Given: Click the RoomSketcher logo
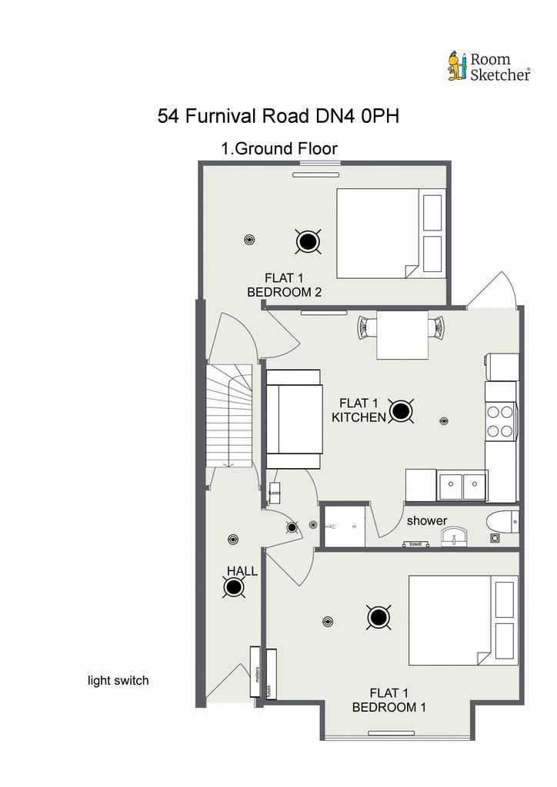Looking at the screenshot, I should click(489, 66).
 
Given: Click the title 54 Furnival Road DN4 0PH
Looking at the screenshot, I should click(278, 117).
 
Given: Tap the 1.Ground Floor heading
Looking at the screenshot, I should click(279, 148).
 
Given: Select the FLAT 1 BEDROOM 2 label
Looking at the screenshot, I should click(284, 285).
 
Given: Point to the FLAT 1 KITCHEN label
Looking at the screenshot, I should click(359, 410).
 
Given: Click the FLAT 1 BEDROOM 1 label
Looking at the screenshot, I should click(389, 699).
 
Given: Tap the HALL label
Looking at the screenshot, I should click(242, 571).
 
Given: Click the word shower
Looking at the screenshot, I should click(426, 520).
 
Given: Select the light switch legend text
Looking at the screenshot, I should click(118, 680).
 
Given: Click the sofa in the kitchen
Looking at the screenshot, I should click(293, 419).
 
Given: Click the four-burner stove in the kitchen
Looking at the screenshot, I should click(500, 420).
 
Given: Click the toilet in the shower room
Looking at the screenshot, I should click(504, 523).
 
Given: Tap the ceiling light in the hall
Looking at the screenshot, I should click(234, 589).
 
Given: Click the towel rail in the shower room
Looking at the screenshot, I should click(416, 543).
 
